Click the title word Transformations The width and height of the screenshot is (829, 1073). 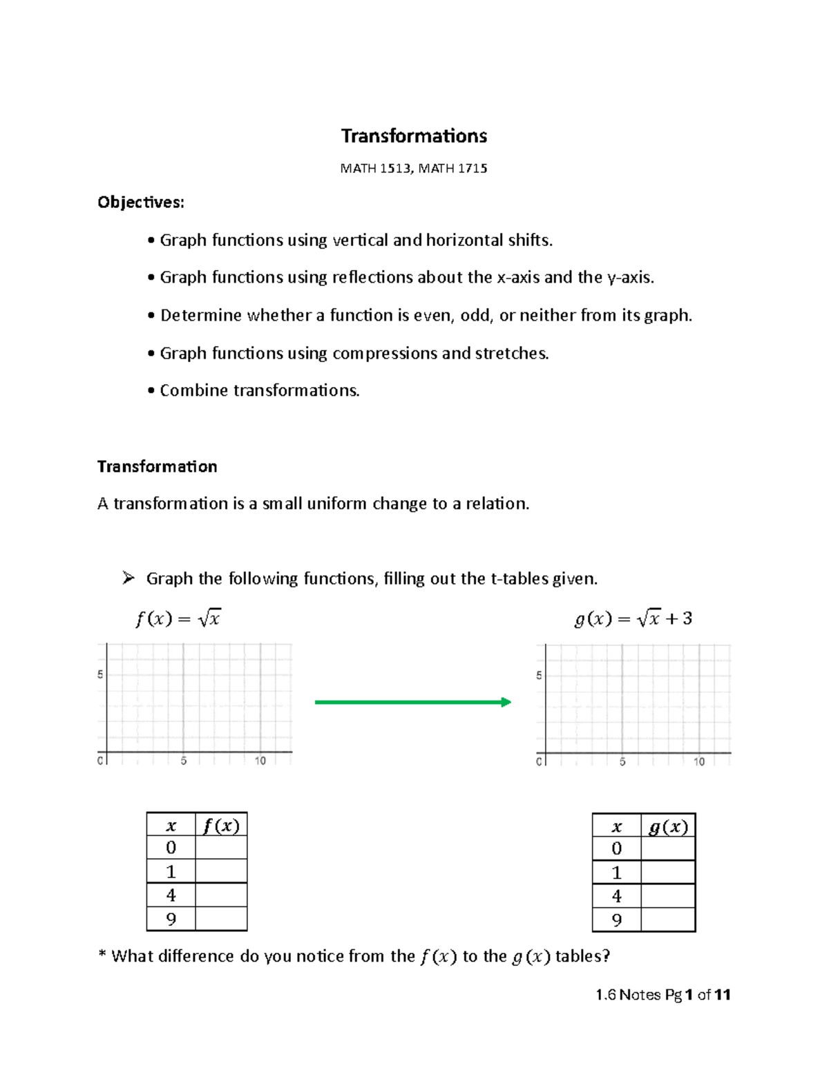[414, 136]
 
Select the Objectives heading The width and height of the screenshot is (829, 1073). [141, 202]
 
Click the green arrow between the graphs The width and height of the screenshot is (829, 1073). [412, 703]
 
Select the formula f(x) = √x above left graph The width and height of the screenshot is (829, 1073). [178, 619]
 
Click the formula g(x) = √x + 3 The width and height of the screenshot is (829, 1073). [633, 619]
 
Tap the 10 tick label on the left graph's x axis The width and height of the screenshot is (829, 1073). [260, 761]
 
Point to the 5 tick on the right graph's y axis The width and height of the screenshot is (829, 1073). [539, 676]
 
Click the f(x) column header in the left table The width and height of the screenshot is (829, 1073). [221, 826]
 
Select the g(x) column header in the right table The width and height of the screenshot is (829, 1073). [668, 827]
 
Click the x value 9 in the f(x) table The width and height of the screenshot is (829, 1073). [171, 919]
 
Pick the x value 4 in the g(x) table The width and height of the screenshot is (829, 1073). [617, 896]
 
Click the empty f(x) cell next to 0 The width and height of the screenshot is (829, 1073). [221, 848]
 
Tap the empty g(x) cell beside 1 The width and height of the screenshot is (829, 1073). [668, 873]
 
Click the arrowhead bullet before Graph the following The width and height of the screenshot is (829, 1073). [128, 578]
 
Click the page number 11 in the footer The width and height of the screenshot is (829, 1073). [723, 995]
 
